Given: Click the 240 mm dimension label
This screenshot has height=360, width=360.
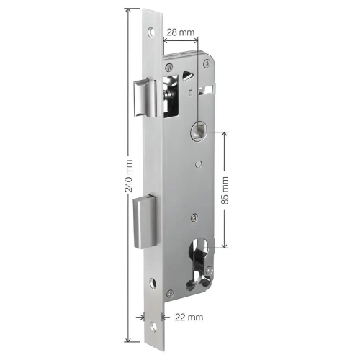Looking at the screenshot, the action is (x=129, y=176).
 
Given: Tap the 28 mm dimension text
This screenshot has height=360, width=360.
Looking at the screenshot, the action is (x=181, y=32).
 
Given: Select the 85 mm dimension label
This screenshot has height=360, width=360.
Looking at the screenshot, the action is (x=225, y=190).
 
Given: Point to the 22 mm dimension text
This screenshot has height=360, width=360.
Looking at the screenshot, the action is (x=189, y=318).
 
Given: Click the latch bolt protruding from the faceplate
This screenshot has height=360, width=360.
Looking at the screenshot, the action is (x=145, y=99).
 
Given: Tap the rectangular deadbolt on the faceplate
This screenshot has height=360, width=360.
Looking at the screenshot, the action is (x=145, y=222).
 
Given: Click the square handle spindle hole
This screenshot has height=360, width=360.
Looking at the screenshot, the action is (x=198, y=132).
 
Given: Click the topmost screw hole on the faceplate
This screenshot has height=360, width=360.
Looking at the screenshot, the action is (x=151, y=32).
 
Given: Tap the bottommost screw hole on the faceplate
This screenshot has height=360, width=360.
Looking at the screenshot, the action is (x=153, y=328).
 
